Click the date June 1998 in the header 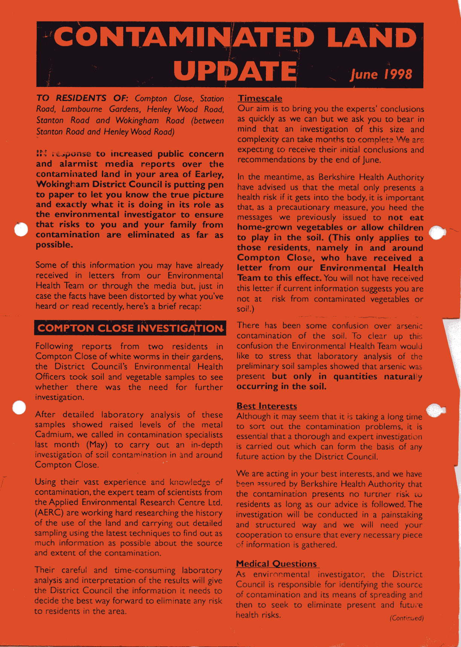(x=381, y=74)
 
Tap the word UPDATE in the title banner (x=235, y=70)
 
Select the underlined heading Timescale (x=260, y=99)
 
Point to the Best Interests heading (x=266, y=406)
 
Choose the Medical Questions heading (x=276, y=563)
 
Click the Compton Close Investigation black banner (x=130, y=328)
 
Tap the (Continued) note (x=407, y=618)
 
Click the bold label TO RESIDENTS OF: (x=82, y=98)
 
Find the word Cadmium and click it (x=52, y=435)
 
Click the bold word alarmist (x=78, y=164)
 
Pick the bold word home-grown (x=264, y=228)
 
